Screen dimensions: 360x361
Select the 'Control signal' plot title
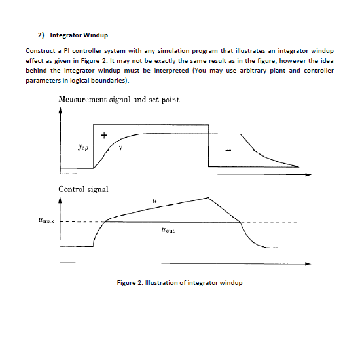(83, 189)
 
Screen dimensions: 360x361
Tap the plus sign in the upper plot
(103, 136)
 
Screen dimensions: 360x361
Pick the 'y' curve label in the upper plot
(120, 148)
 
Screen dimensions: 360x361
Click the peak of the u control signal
(209, 197)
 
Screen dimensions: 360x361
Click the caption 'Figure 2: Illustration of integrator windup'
(179, 282)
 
